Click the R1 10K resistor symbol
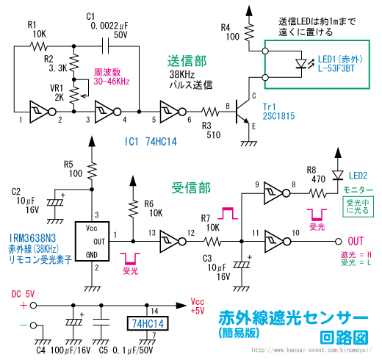pos(38,46)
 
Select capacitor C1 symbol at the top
pos(105,46)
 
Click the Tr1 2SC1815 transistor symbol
pos(243,112)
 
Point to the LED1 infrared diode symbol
pos(302,64)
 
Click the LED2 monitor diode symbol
pos(338,175)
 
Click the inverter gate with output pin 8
pos(277,193)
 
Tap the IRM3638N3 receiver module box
pos(92,241)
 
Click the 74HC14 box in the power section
pos(148,323)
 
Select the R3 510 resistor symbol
pos(210,112)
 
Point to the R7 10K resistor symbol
pos(212,242)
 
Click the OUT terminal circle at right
pos(339,242)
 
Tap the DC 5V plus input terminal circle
pos(33,306)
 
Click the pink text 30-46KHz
pos(112,82)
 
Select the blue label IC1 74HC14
pos(151,142)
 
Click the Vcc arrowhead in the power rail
pos(181,306)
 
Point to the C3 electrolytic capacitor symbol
pos(242,264)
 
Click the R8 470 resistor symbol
pos(318,193)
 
